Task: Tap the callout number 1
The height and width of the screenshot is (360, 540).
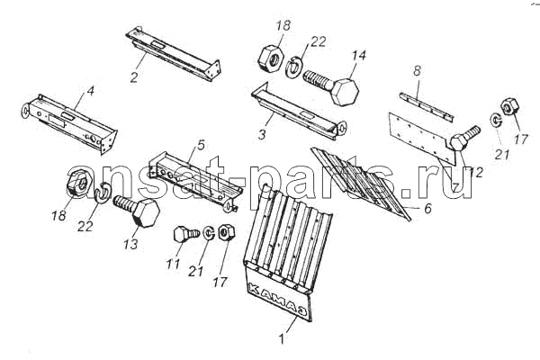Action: pos(282,339)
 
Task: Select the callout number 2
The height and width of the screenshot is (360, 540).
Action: pos(134,76)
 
